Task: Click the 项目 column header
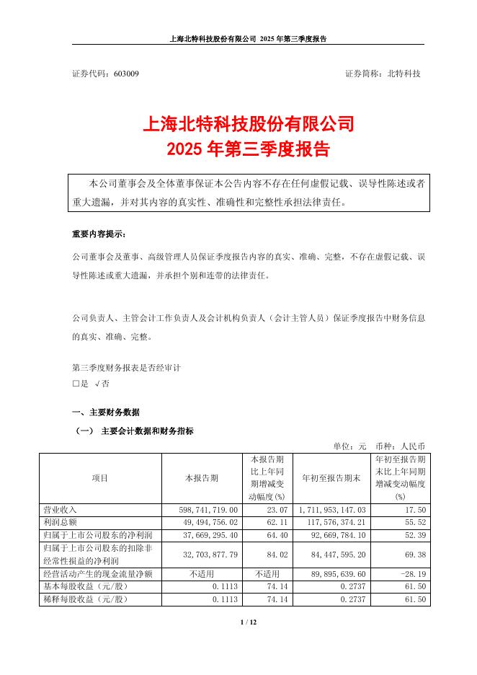100,477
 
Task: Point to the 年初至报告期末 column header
329,477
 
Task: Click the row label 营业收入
61,509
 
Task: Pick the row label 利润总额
61,522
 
